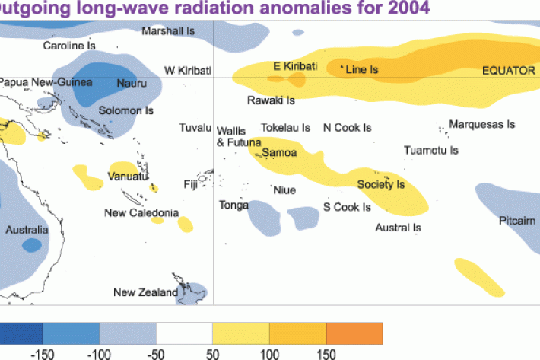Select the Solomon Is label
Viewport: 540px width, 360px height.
point(126,110)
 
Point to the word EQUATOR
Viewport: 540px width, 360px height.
point(509,70)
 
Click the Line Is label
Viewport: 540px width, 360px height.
point(362,69)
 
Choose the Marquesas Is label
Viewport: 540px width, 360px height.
point(482,124)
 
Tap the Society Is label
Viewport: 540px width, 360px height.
point(380,184)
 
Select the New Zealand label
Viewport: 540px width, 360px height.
point(145,292)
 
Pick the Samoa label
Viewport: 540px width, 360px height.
point(279,153)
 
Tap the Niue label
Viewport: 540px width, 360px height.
point(284,190)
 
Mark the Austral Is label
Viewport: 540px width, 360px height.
point(398,227)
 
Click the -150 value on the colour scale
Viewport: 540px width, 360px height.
point(42,352)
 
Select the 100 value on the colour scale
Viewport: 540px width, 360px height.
point(270,352)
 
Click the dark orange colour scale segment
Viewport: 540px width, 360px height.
point(354,333)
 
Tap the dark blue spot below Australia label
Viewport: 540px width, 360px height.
point(31,245)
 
